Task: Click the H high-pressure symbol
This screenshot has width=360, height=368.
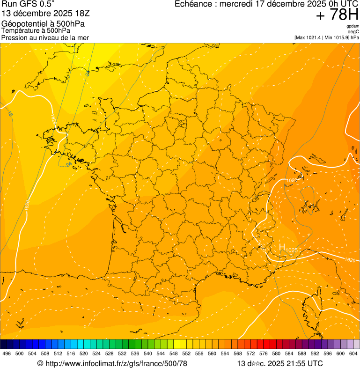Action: (282, 247)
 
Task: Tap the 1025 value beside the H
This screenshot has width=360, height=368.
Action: (291, 250)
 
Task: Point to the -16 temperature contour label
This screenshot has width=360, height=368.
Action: (10, 114)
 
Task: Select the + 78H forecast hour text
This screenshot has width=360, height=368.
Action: (337, 15)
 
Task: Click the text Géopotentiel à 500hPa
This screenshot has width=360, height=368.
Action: (43, 24)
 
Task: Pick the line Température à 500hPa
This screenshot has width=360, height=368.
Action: (36, 30)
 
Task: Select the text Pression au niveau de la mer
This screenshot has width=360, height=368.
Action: (45, 37)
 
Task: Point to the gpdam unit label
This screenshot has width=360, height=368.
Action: (353, 26)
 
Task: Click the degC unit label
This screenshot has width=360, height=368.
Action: (353, 32)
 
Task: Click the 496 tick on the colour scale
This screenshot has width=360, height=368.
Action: (7, 354)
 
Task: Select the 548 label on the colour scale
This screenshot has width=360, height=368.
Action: (174, 354)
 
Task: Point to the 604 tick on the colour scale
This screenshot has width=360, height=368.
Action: (353, 354)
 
